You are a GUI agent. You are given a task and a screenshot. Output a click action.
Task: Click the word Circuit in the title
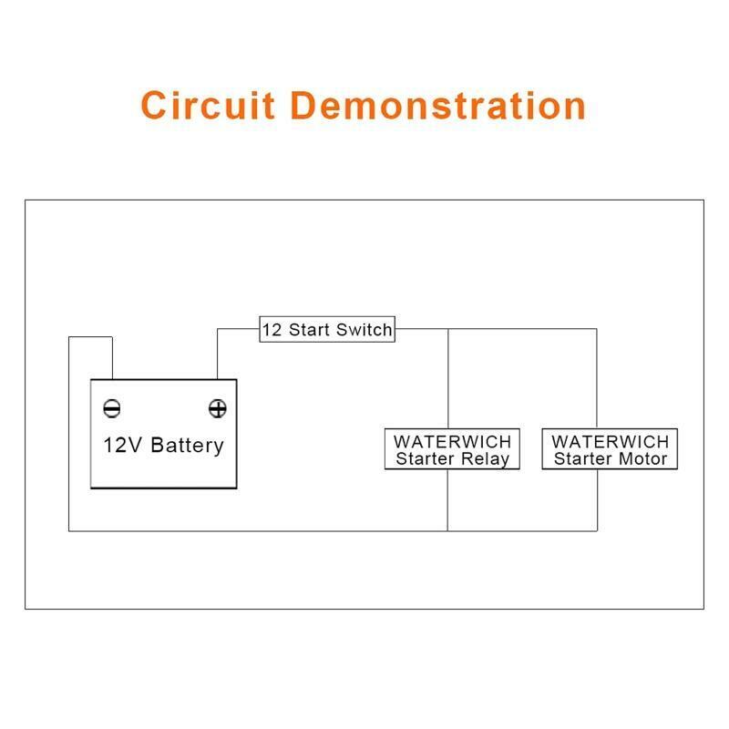[208, 106]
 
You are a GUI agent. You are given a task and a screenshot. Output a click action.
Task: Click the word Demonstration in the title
[438, 106]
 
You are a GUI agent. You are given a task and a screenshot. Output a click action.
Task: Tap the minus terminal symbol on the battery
[112, 408]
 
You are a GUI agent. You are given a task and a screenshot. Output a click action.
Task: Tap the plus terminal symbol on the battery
[218, 408]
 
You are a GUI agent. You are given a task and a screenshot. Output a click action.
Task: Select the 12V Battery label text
[164, 446]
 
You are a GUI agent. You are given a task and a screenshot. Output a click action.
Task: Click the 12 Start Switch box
[327, 329]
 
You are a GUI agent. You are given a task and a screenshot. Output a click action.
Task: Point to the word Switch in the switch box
[364, 330]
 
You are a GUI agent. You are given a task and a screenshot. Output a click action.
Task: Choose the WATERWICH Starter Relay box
[452, 449]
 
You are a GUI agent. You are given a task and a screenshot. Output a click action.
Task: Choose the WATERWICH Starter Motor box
[610, 449]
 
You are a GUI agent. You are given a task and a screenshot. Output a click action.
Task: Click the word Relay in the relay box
[486, 459]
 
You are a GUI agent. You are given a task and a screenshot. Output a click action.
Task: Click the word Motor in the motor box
[643, 459]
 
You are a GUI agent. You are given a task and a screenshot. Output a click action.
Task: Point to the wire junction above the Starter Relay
[448, 329]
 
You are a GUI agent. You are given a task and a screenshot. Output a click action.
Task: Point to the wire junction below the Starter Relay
[447, 531]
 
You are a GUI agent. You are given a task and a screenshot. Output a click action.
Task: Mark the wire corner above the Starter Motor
[597, 329]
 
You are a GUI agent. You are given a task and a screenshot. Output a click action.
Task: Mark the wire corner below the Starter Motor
[597, 531]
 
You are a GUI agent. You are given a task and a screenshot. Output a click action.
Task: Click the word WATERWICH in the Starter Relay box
[452, 441]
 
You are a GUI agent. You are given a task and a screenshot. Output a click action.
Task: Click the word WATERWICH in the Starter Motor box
[610, 441]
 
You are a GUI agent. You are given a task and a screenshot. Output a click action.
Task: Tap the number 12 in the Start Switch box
[272, 330]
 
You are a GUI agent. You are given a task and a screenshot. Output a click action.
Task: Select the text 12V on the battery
[123, 445]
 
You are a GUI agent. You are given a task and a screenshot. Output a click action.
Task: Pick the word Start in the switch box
[309, 330]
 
